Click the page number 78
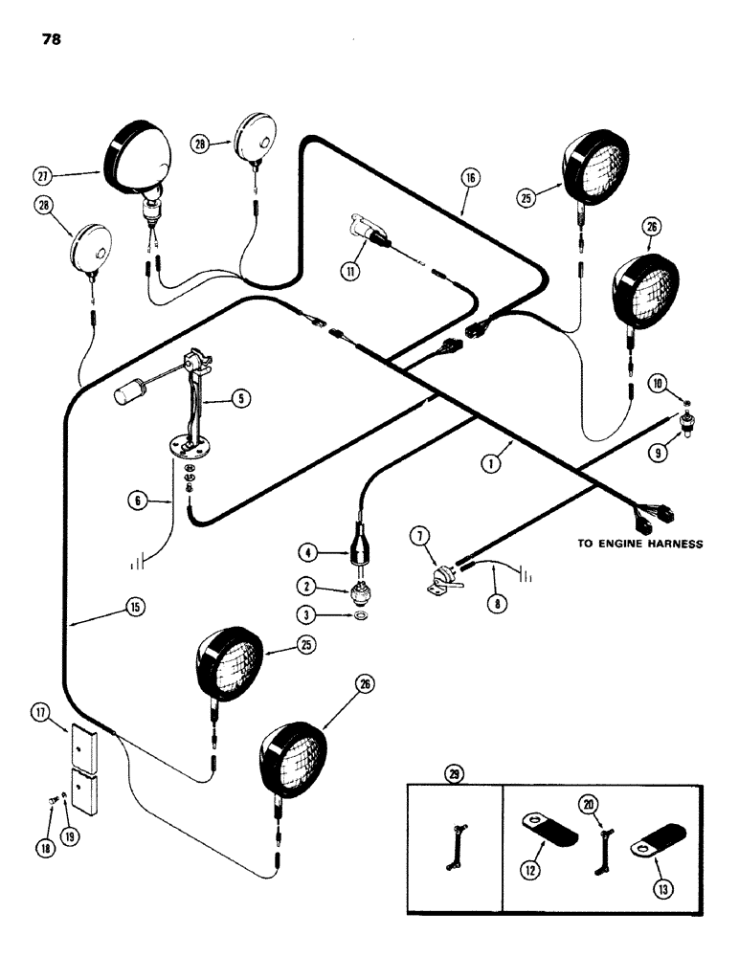point(53,41)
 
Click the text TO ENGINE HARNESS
point(639,544)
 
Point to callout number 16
point(470,178)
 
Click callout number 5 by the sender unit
point(245,401)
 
